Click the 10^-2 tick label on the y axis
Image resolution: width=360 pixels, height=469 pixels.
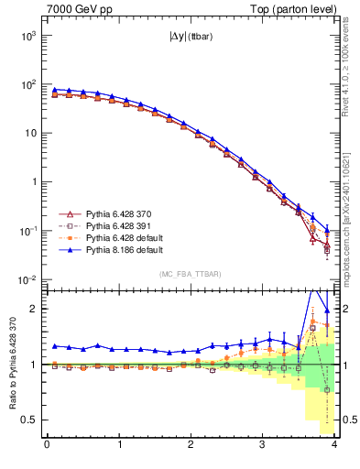point(28,279)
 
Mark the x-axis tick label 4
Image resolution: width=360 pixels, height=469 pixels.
point(334,445)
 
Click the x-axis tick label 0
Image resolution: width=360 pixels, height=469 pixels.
point(48,445)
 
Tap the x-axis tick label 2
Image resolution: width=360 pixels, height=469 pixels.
point(191,445)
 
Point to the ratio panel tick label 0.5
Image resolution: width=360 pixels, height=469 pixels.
point(31,420)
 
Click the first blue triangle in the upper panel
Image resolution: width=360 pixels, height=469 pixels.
point(55,90)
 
